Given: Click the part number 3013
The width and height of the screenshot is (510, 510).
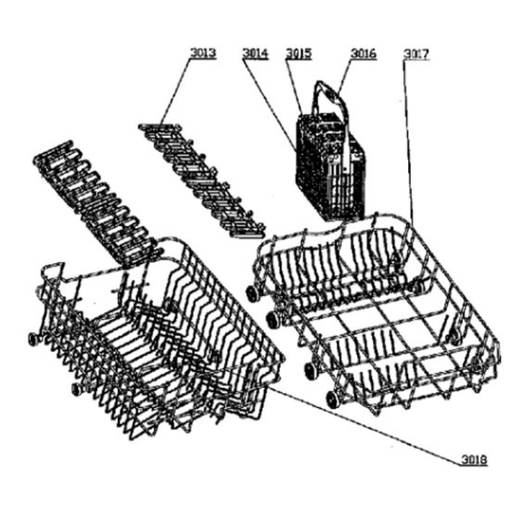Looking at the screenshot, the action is coord(203,53).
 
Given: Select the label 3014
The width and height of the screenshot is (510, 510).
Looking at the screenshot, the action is coord(255,54).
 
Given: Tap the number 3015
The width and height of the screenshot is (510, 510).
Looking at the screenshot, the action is coord(299,54).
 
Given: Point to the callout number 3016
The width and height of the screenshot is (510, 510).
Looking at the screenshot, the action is coord(363,54).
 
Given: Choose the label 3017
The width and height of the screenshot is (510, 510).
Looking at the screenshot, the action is coord(416,54).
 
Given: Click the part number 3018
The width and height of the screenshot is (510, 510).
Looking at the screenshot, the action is coord(474,460).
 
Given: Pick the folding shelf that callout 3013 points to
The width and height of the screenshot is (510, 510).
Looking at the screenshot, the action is coord(201,180).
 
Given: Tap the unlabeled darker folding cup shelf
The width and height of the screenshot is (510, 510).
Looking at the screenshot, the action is coord(97,203).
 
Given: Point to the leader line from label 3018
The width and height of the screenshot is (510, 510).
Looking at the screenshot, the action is coord(366,425).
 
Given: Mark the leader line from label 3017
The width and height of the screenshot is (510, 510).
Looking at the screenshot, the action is coord(409,143).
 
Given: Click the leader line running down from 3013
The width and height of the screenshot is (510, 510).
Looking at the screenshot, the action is coord(175,91).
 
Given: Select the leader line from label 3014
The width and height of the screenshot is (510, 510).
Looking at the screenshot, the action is coord(270,105).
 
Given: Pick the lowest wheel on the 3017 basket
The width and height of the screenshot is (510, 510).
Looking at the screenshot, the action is coord(332,400).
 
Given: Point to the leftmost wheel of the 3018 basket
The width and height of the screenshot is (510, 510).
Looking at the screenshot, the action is coord(33,339).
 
